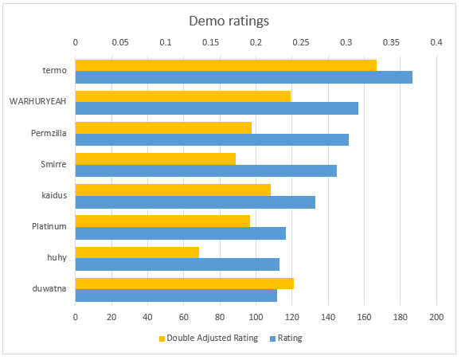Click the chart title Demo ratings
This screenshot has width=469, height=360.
pyautogui.click(x=229, y=22)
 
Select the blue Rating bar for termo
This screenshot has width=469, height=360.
pyautogui.click(x=244, y=77)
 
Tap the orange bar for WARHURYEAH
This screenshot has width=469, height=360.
pyautogui.click(x=183, y=96)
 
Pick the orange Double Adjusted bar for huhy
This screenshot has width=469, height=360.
pyautogui.click(x=137, y=252)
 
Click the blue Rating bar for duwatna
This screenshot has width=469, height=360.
pyautogui.click(x=176, y=295)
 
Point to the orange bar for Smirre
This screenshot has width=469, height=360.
pyautogui.click(x=155, y=159)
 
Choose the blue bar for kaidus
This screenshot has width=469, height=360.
pyautogui.click(x=195, y=202)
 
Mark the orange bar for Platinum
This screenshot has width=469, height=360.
pyautogui.click(x=162, y=221)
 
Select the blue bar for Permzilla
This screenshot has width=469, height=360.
pyautogui.click(x=212, y=139)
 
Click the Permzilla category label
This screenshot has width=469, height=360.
pyautogui.click(x=49, y=133)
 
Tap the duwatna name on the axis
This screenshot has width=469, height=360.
pyautogui.click(x=49, y=289)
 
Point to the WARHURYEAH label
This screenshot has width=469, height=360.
pyautogui.click(x=37, y=101)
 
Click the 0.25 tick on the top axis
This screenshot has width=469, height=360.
pyautogui.click(x=301, y=42)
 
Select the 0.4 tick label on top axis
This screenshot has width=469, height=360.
pyautogui.click(x=436, y=42)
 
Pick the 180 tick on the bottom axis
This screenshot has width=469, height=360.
pyautogui.click(x=401, y=317)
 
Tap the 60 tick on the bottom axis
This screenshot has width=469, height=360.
pyautogui.click(x=184, y=317)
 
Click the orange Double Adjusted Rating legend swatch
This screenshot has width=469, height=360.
pyautogui.click(x=162, y=338)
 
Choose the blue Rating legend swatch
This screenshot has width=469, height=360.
pyautogui.click(x=272, y=338)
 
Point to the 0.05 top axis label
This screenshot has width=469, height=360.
pyautogui.click(x=120, y=42)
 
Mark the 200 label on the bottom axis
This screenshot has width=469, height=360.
pyautogui.click(x=436, y=317)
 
